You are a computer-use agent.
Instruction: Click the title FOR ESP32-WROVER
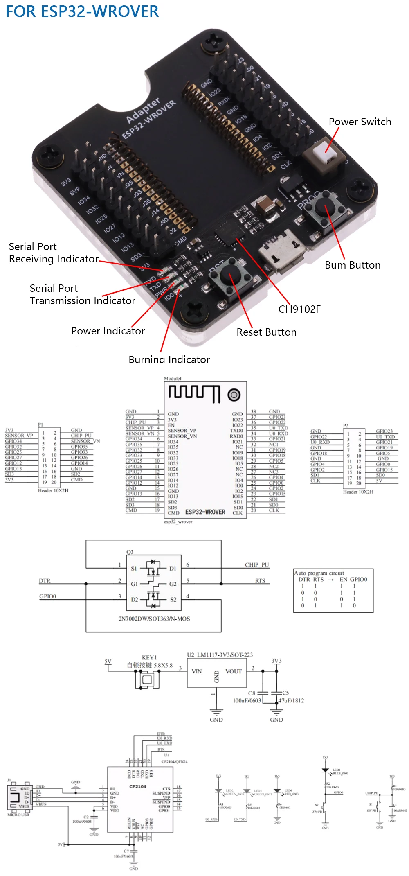pyautogui.click(x=82, y=11)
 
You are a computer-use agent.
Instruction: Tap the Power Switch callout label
pyautogui.click(x=360, y=122)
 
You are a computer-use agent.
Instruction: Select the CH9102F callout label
pyautogui.click(x=299, y=309)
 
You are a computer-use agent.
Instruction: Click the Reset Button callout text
pyautogui.click(x=266, y=332)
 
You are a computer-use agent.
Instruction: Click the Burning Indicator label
pyautogui.click(x=169, y=359)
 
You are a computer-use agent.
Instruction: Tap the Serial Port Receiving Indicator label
pyautogui.click(x=53, y=253)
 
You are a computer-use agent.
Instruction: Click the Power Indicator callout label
pyautogui.click(x=108, y=331)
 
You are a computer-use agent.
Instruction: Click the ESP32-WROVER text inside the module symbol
pyautogui.click(x=205, y=512)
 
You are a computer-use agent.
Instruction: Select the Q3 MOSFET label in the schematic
pyautogui.click(x=130, y=552)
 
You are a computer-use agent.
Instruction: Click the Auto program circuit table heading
pyautogui.click(x=319, y=573)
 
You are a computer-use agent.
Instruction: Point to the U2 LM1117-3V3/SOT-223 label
pyautogui.click(x=220, y=655)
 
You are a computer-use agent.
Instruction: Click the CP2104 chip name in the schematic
pyautogui.click(x=137, y=786)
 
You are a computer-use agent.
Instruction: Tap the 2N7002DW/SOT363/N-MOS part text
pyautogui.click(x=154, y=619)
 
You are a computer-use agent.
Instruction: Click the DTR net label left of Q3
pyautogui.click(x=45, y=581)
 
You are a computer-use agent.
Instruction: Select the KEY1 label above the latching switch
pyautogui.click(x=149, y=657)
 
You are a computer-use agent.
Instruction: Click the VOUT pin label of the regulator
pyautogui.click(x=233, y=671)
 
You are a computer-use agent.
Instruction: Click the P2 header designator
pyautogui.click(x=346, y=426)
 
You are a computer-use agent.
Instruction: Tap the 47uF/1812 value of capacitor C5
pyautogui.click(x=291, y=700)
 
